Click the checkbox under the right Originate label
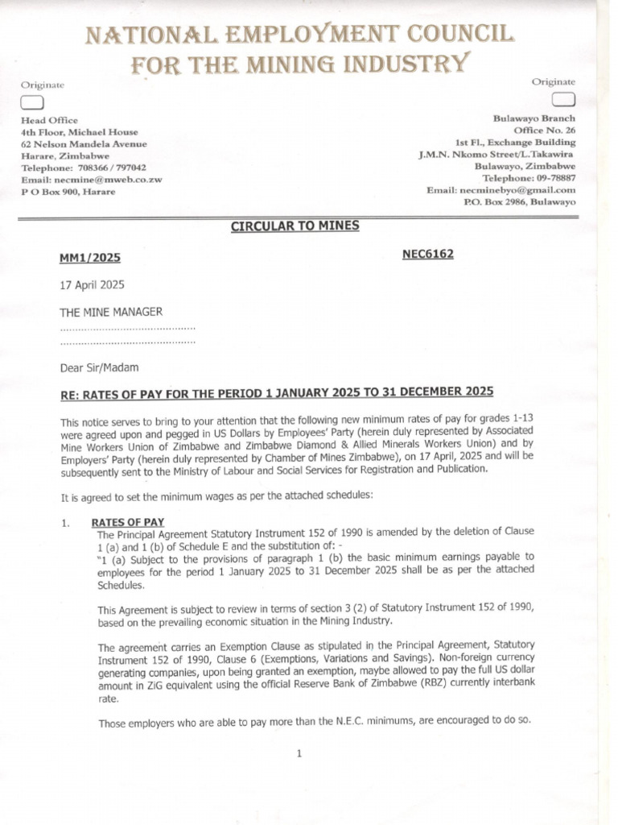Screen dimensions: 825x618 564,99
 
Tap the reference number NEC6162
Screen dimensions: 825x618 428,254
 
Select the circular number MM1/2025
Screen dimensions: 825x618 90,258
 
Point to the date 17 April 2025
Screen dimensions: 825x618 93,284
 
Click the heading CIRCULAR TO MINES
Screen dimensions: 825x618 295,226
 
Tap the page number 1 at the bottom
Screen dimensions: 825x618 299,755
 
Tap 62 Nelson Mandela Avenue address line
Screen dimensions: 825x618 84,143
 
